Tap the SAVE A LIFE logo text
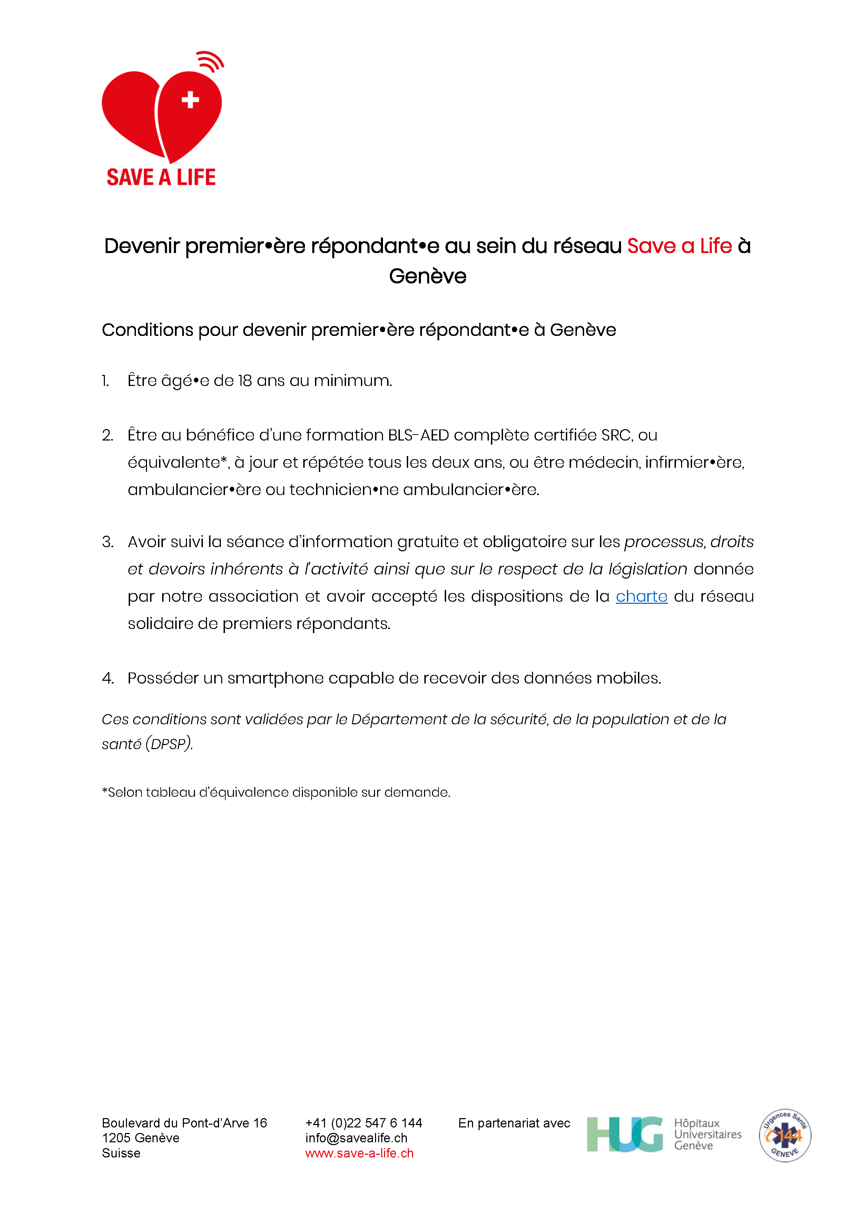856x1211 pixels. coord(161,177)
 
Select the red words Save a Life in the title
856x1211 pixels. coord(679,246)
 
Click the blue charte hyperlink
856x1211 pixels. coord(641,597)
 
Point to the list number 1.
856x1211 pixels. coord(106,381)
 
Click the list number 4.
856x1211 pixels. coord(108,678)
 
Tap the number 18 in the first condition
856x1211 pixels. coord(245,381)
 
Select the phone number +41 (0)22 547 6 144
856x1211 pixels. coord(363,1123)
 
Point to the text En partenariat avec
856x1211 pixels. coord(514,1123)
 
